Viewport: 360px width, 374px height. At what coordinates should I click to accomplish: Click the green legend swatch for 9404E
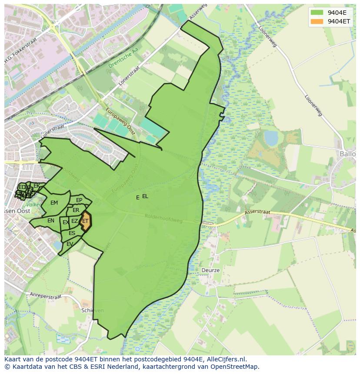[x=317, y=12]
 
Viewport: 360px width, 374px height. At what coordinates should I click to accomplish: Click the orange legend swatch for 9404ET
[x=317, y=21]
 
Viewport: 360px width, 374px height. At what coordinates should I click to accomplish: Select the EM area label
[x=54, y=203]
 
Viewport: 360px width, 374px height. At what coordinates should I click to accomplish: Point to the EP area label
[x=79, y=200]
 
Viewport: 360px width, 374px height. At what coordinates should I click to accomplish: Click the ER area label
[x=76, y=210]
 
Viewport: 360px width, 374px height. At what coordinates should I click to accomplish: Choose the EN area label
[x=51, y=221]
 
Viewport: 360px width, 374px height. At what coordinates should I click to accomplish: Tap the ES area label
[x=72, y=233]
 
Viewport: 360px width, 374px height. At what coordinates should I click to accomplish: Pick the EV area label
[x=70, y=244]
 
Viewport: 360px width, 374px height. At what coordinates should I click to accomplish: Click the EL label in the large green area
[x=145, y=196]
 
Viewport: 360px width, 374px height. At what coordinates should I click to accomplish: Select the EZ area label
[x=75, y=222]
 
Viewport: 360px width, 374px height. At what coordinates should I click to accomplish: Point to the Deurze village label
[x=210, y=270]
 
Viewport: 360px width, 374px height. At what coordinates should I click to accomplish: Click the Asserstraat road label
[x=257, y=213]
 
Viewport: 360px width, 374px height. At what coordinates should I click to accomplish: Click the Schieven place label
[x=92, y=311]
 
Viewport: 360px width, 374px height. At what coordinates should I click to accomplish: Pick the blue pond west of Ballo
[x=271, y=138]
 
